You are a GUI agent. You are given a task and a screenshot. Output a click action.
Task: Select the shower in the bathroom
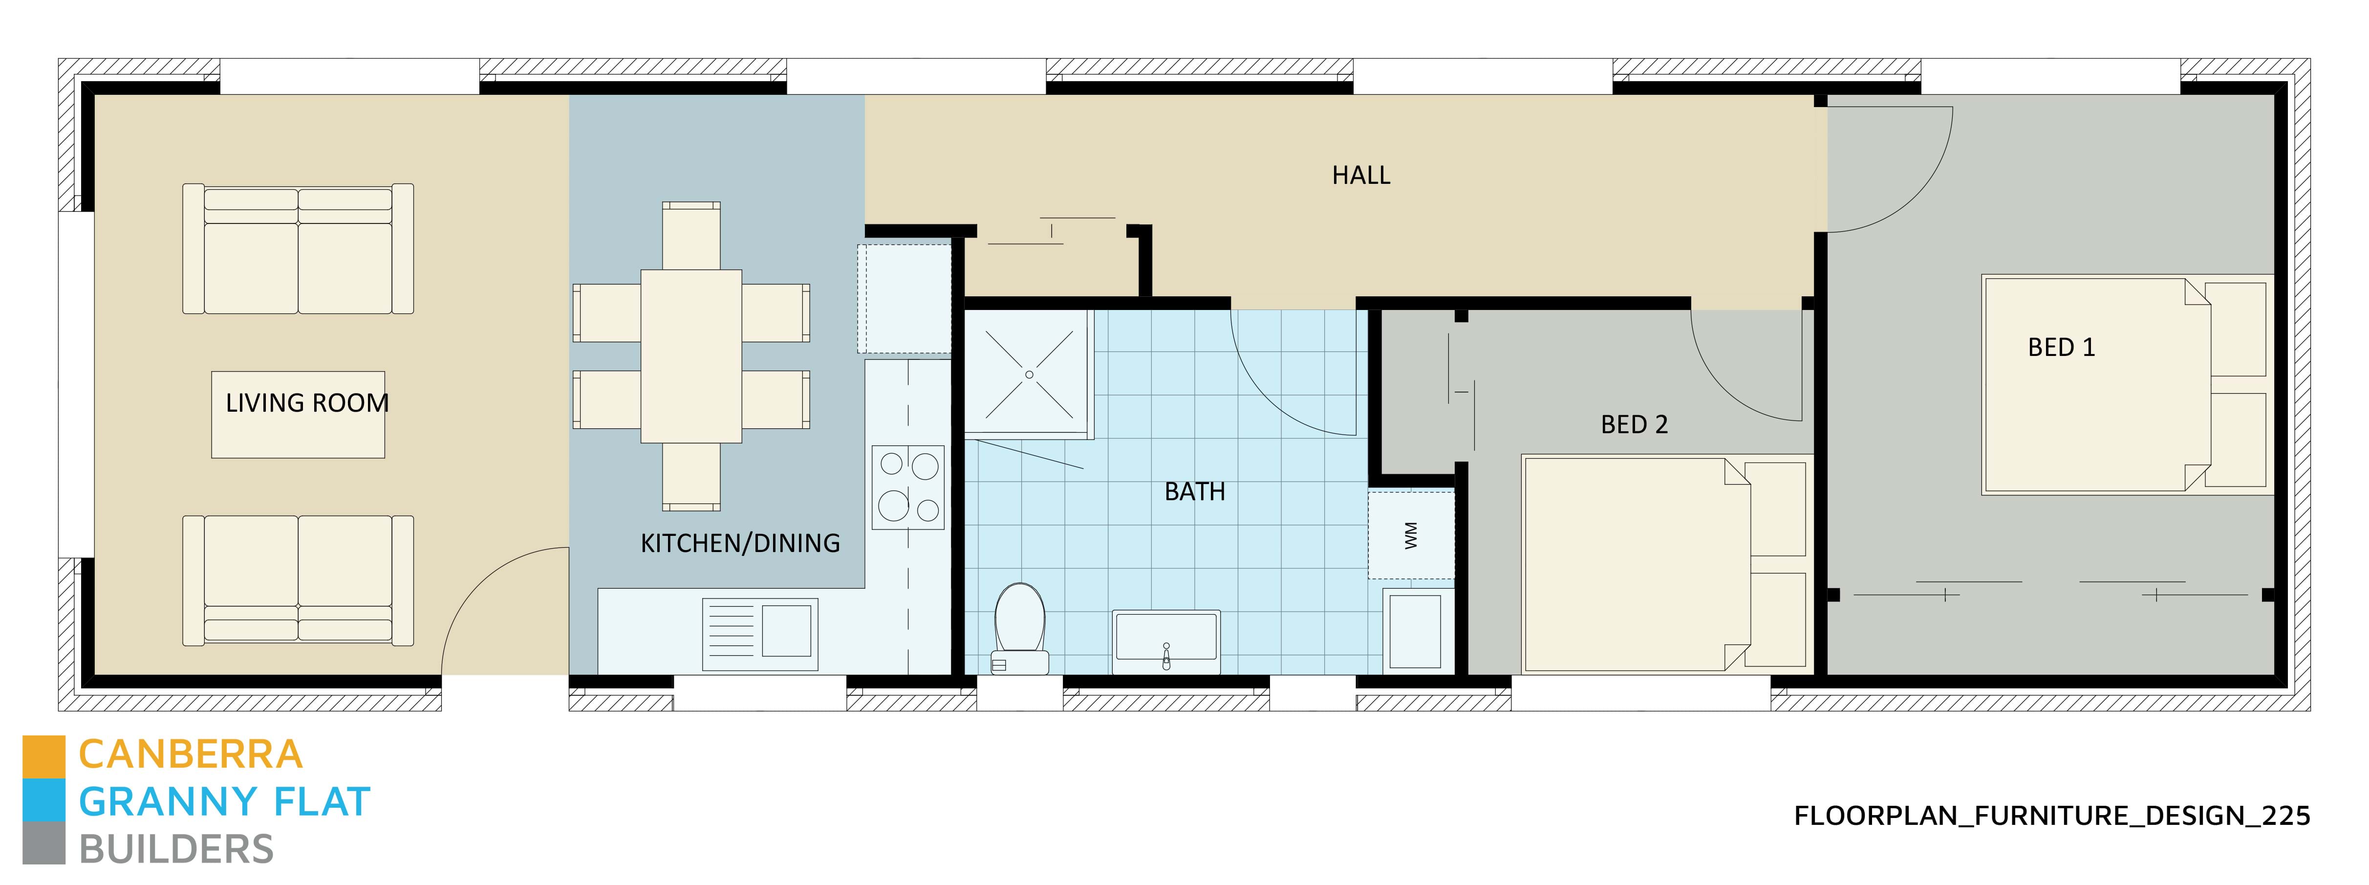pos(1028,373)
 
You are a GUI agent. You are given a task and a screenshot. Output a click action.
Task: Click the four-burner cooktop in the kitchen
pos(908,487)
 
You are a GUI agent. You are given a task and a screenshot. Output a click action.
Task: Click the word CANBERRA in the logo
pos(191,754)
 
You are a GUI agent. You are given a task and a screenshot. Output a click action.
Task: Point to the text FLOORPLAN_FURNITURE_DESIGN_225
pos(2052,816)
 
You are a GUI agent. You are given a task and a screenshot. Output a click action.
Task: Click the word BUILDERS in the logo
pos(176,849)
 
